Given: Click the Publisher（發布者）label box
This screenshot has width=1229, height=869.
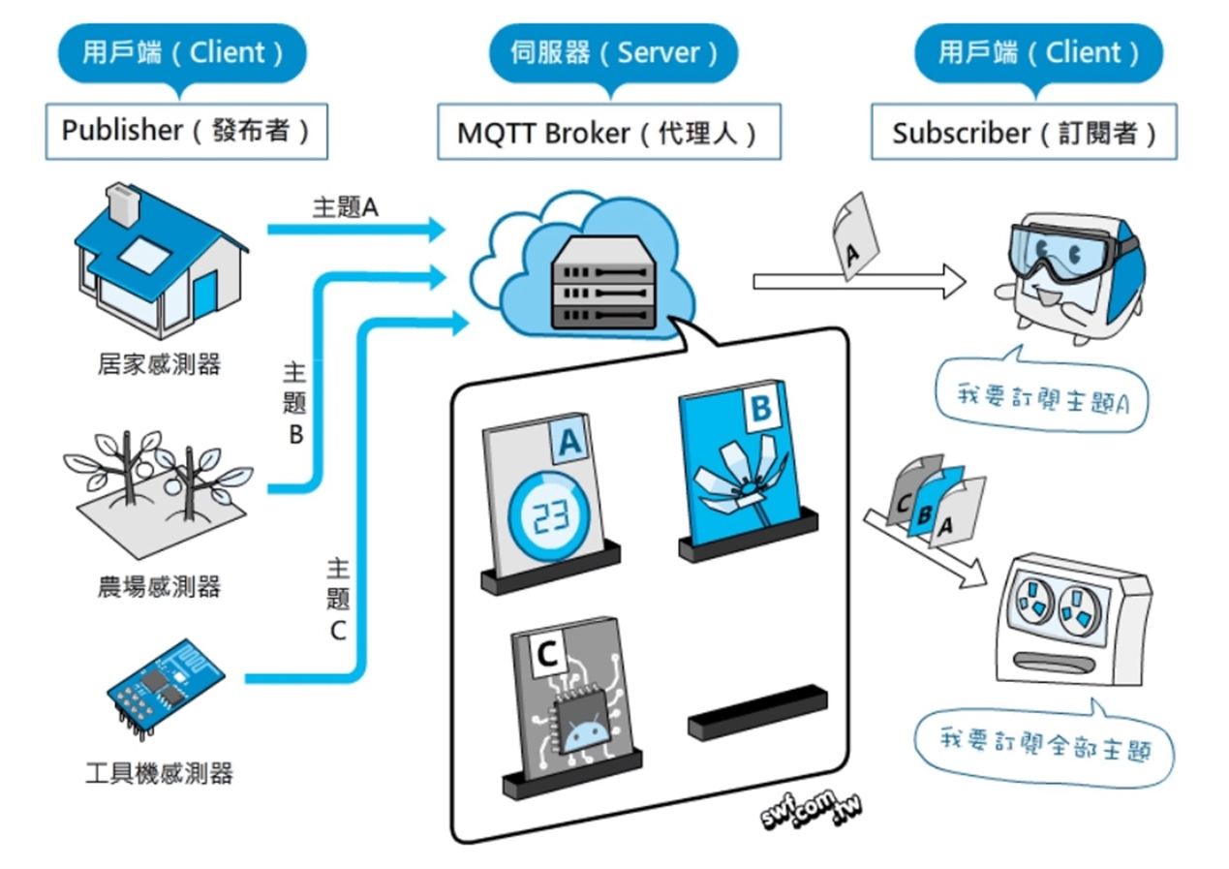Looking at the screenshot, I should click(186, 131).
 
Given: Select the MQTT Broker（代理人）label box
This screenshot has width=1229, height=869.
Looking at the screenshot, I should click(607, 132).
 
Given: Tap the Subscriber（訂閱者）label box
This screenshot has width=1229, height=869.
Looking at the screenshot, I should click(1024, 132).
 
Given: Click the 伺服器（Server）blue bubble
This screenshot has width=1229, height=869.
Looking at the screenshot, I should click(614, 52).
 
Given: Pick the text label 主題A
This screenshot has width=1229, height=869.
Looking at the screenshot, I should click(345, 207).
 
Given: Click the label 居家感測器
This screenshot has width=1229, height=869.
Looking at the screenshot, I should click(159, 364).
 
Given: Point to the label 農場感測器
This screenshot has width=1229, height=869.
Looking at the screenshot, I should click(159, 586).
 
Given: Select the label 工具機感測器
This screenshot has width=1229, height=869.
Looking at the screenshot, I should click(159, 773).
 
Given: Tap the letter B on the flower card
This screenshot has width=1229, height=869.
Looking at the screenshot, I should click(760, 410).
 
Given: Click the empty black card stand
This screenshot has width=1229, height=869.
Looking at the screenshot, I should click(756, 711).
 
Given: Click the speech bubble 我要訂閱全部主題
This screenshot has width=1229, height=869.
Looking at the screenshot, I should click(1043, 744).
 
